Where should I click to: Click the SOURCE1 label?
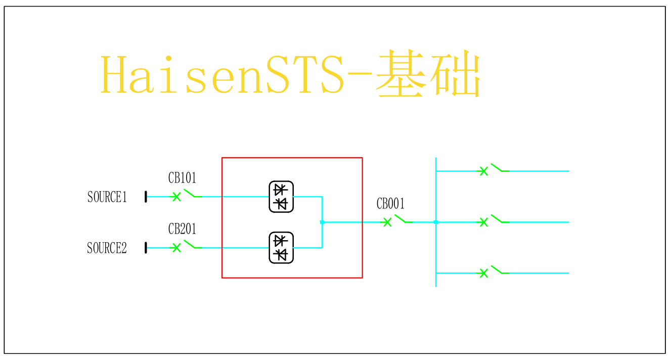pos(107,197)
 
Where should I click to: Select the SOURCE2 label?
pos(107,248)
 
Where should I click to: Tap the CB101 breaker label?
pos(182,178)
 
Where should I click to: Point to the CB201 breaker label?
pos(182,229)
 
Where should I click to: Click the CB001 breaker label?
pos(391,204)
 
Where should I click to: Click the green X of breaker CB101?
pos(176,197)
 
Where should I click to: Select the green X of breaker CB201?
pos(176,248)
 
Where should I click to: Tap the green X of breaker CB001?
pos(387,222)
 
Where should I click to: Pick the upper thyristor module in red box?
pos(281,197)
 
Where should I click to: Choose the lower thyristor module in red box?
pos(281,248)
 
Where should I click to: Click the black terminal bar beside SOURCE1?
pos(146,197)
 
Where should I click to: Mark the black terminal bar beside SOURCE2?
pos(146,248)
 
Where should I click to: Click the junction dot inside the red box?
pos(322,222)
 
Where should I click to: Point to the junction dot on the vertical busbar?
pos(436,222)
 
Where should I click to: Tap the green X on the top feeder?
pos(483,171)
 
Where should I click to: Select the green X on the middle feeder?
pos(483,222)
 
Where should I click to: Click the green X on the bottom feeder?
pos(483,273)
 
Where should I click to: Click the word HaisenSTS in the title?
pos(222,76)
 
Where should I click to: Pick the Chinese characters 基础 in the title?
pos(428,75)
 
